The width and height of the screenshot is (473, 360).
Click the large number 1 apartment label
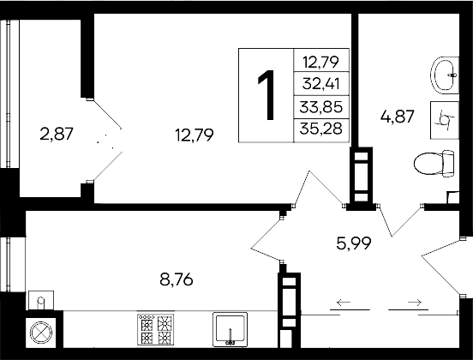[x=266, y=94]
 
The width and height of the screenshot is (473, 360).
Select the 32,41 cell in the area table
[x=321, y=84]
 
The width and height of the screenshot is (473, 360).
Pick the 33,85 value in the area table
[x=321, y=107]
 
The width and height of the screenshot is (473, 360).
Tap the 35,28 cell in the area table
[x=321, y=129]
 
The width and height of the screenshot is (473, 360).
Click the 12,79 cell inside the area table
[x=321, y=60]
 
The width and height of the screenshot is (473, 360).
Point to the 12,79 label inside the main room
[x=193, y=134]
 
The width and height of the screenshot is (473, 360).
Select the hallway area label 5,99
[x=353, y=243]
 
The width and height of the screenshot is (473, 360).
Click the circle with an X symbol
[x=41, y=333]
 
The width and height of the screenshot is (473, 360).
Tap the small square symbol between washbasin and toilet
[x=444, y=119]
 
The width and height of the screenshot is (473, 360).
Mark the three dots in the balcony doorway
[x=107, y=141]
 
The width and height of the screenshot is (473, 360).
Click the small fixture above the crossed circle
[x=41, y=300]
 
